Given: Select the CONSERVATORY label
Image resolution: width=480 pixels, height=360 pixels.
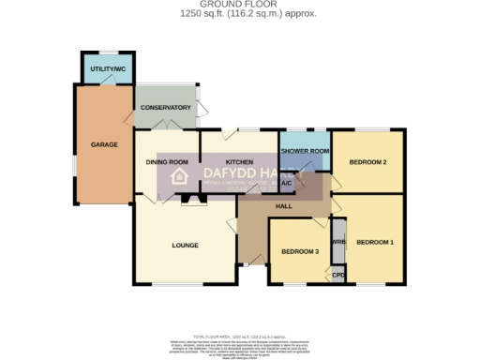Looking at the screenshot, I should pyautogui.click(x=165, y=108).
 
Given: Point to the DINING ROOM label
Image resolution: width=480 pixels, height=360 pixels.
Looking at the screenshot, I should pyautogui.click(x=167, y=162).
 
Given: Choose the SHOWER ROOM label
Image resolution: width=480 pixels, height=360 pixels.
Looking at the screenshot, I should pyautogui.click(x=305, y=151).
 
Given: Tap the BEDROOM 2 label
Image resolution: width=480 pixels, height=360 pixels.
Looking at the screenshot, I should pyautogui.click(x=368, y=162).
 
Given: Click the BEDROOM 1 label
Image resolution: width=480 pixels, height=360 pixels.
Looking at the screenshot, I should pyautogui.click(x=375, y=243).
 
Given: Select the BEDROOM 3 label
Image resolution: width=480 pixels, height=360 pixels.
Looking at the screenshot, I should pyautogui.click(x=301, y=251).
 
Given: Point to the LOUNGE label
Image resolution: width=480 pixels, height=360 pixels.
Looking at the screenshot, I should pyautogui.click(x=184, y=246).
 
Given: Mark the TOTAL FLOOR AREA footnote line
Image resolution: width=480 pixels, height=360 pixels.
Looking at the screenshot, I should pyautogui.click(x=240, y=335).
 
